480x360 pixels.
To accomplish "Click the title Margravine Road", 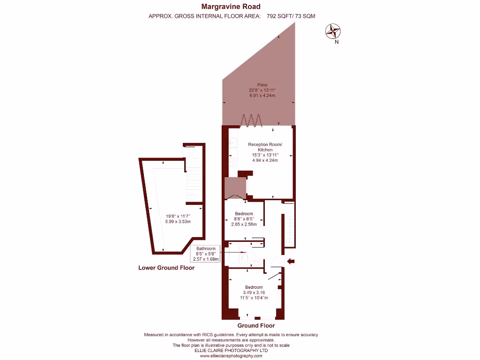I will click(x=231, y=7).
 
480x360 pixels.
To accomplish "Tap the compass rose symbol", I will click(x=333, y=31).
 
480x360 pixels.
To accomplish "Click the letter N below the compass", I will click(x=337, y=42).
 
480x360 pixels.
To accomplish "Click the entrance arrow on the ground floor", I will click(x=291, y=261).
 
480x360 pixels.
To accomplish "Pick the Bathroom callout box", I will click(x=206, y=254).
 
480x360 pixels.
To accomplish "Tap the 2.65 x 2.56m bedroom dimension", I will click(x=244, y=224).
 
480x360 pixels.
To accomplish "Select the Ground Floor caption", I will click(x=256, y=325).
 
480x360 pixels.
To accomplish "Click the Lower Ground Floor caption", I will click(x=166, y=268).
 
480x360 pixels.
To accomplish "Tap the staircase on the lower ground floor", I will click(x=195, y=180).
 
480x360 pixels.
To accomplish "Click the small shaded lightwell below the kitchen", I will click(x=234, y=187).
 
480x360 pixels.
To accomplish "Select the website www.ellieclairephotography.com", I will click(x=231, y=356).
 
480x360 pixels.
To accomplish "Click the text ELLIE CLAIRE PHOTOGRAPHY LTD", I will click(x=231, y=350).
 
